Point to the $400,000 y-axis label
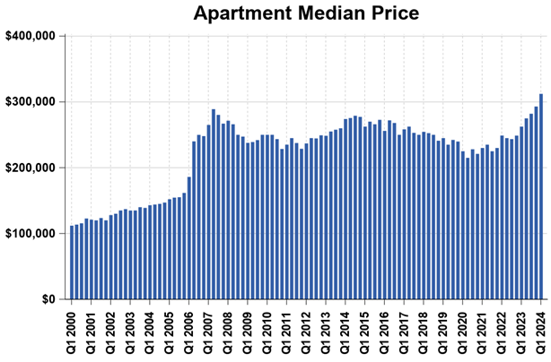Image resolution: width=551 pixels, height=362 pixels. click(x=31, y=36)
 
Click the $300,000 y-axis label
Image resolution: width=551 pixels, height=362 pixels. click(x=31, y=102)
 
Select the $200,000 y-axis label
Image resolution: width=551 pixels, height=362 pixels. click(x=31, y=168)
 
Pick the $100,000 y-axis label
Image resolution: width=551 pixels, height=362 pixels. click(x=31, y=234)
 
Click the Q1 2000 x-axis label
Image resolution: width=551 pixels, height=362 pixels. click(x=72, y=332)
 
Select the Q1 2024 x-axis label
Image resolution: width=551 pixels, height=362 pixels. click(x=542, y=332)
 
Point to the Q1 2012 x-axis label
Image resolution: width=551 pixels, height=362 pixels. click(x=307, y=332)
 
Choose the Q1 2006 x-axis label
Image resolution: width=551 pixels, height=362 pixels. click(x=189, y=332)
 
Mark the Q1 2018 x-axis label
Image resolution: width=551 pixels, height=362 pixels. click(x=424, y=332)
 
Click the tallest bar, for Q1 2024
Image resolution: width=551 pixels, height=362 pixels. click(x=541, y=197)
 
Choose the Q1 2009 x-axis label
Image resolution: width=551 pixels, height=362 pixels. click(x=249, y=332)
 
